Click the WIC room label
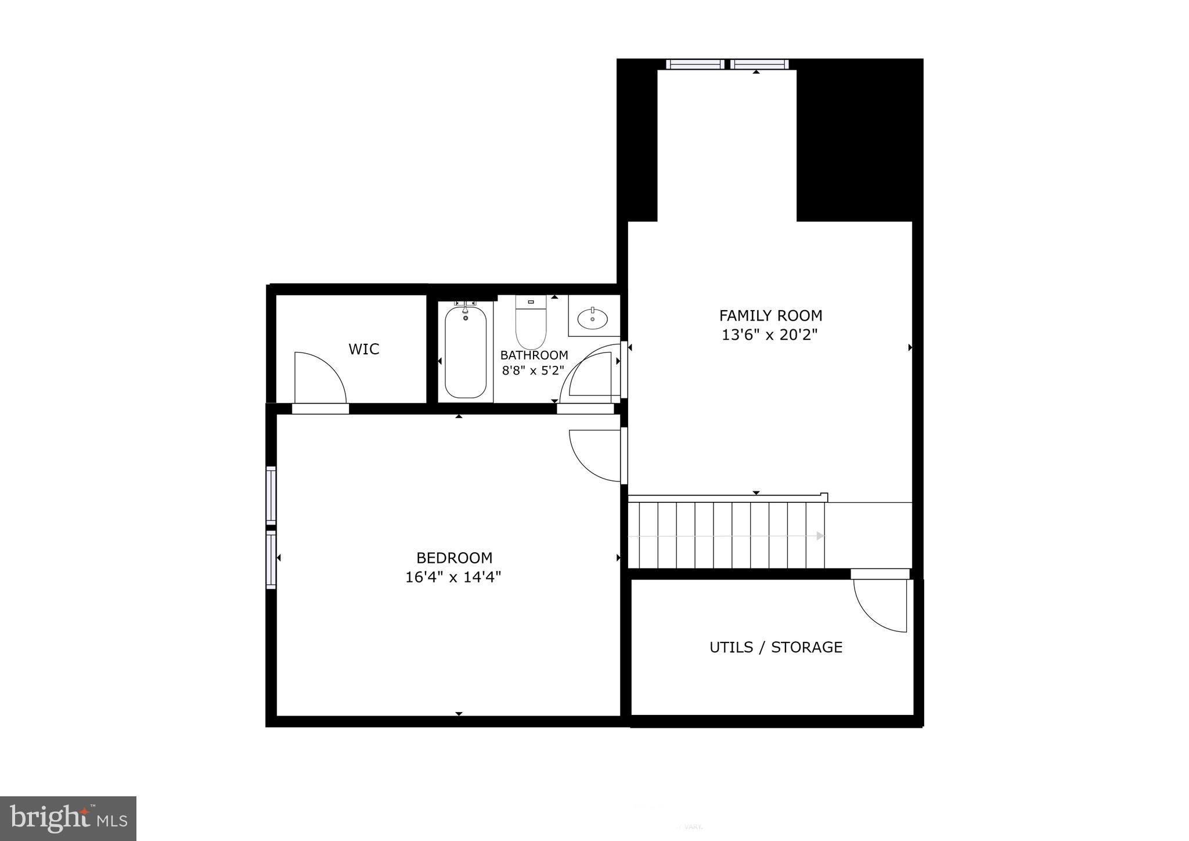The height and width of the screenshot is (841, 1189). coord(363,349)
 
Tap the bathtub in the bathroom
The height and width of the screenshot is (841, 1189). coord(465,353)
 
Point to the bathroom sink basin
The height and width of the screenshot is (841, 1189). coord(593,318)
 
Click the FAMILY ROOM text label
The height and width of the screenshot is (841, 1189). coord(770,316)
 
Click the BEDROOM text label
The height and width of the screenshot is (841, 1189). coord(454,558)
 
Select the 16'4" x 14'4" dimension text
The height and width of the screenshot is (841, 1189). coord(453,577)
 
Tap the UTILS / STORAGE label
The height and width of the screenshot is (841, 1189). coord(776,647)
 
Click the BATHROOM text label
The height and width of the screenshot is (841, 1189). coord(534,355)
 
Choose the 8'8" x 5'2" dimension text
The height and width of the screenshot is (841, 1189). coord(533,371)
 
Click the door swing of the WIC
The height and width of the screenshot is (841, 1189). coord(319,378)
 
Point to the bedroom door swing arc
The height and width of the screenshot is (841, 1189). coord(595,455)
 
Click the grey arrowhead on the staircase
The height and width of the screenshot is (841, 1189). coord(820,535)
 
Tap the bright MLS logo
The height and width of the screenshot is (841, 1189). coord(69,818)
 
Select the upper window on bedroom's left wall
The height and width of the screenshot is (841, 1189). coord(271,495)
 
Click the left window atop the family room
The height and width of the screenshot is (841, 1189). coord(694,64)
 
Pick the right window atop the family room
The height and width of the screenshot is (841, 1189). coord(759,64)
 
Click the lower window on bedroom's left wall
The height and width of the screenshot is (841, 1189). coord(271,559)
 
